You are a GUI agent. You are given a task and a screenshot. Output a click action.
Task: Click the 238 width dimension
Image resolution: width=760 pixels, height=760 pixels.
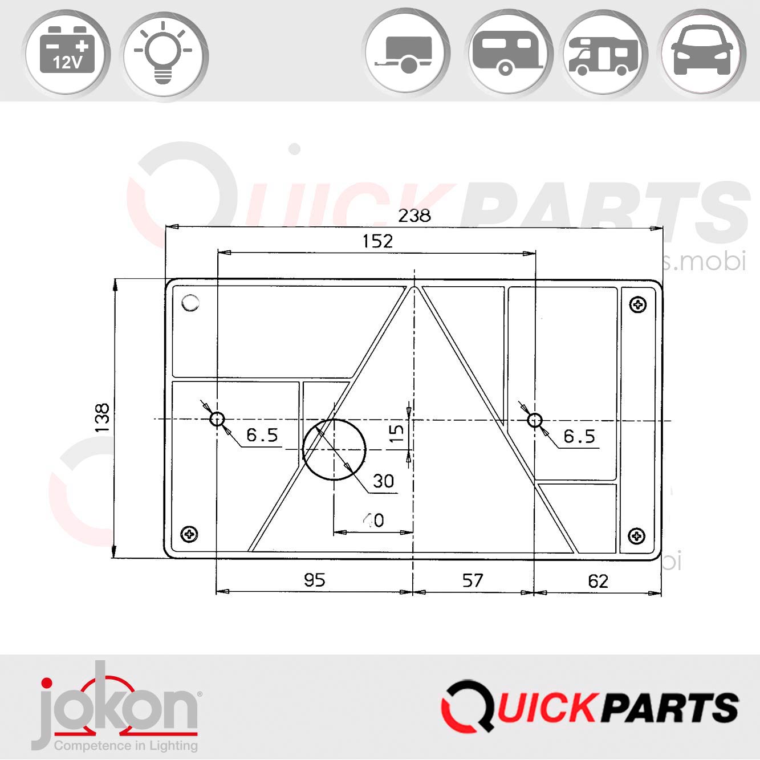414,216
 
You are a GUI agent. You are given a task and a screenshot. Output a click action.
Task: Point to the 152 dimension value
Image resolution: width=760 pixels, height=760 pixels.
377,241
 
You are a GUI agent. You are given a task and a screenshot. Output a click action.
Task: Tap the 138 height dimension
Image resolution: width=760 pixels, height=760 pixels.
102,418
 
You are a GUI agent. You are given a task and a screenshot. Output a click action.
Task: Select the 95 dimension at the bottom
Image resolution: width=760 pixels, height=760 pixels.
314,580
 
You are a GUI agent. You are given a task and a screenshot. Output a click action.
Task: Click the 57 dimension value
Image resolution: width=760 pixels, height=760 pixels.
473,580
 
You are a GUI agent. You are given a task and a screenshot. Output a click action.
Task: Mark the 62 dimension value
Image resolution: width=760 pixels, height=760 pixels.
598,581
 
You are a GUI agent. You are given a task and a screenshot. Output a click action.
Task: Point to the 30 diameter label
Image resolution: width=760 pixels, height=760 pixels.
383,481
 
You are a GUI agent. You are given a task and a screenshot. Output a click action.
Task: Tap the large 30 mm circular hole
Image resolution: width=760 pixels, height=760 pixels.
334,449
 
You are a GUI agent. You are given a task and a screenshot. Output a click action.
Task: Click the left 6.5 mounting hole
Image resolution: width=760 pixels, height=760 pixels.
217,420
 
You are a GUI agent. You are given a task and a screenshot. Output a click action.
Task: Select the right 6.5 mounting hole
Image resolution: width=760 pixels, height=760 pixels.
534,421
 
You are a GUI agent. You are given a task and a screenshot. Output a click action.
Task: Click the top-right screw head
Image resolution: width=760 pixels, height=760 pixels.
637,304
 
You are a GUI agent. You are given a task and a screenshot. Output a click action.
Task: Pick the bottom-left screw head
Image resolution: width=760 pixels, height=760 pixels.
189,534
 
